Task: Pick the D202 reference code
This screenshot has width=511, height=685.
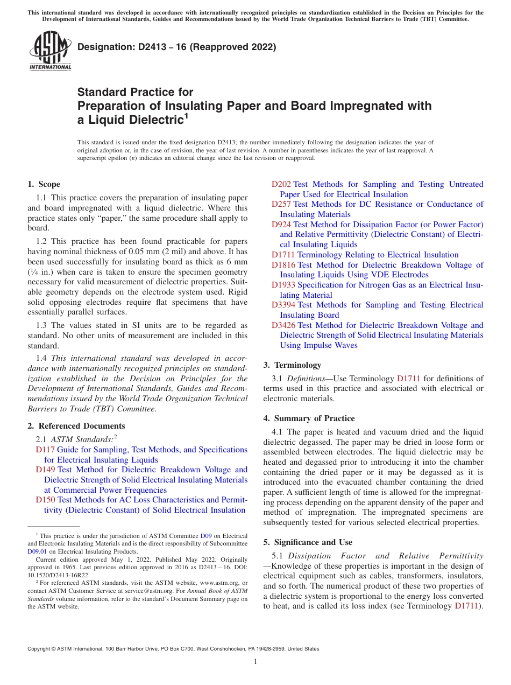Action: pyautogui.click(x=281, y=184)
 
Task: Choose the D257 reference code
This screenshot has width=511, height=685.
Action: pyautogui.click(x=281, y=204)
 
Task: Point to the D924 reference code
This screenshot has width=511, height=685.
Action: pyautogui.click(x=281, y=225)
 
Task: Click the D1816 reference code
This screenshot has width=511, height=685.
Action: pyautogui.click(x=283, y=265)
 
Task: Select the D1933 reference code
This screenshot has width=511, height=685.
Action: pyautogui.click(x=283, y=285)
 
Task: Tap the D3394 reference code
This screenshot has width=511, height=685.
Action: pyautogui.click(x=283, y=305)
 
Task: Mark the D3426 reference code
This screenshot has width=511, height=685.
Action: pyautogui.click(x=283, y=325)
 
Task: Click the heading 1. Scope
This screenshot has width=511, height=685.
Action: pyautogui.click(x=44, y=184)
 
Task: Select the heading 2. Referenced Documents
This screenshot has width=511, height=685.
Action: pyautogui.click(x=69, y=426)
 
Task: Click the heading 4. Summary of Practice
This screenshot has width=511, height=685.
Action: pyautogui.click(x=309, y=418)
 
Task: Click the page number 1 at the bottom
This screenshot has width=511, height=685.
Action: pyautogui.click(x=256, y=661)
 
